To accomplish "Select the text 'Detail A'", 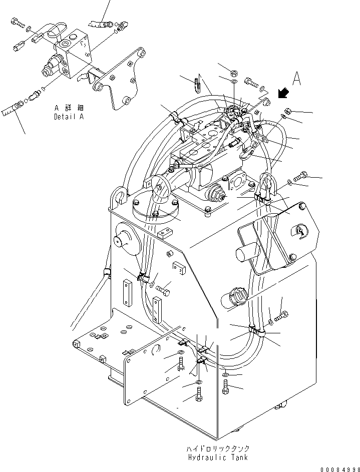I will point(69,117).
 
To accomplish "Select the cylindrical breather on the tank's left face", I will point(125,240).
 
